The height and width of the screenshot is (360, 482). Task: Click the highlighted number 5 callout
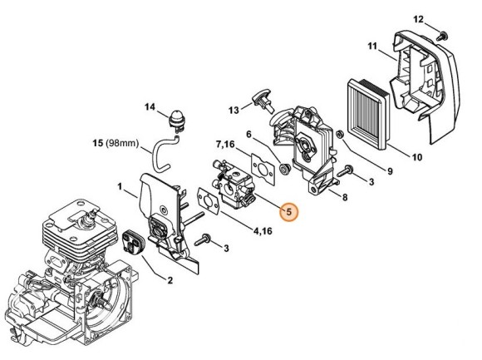[x=288, y=213]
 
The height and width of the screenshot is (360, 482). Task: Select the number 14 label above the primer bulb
[x=150, y=106]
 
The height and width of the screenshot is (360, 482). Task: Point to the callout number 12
[x=418, y=18]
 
